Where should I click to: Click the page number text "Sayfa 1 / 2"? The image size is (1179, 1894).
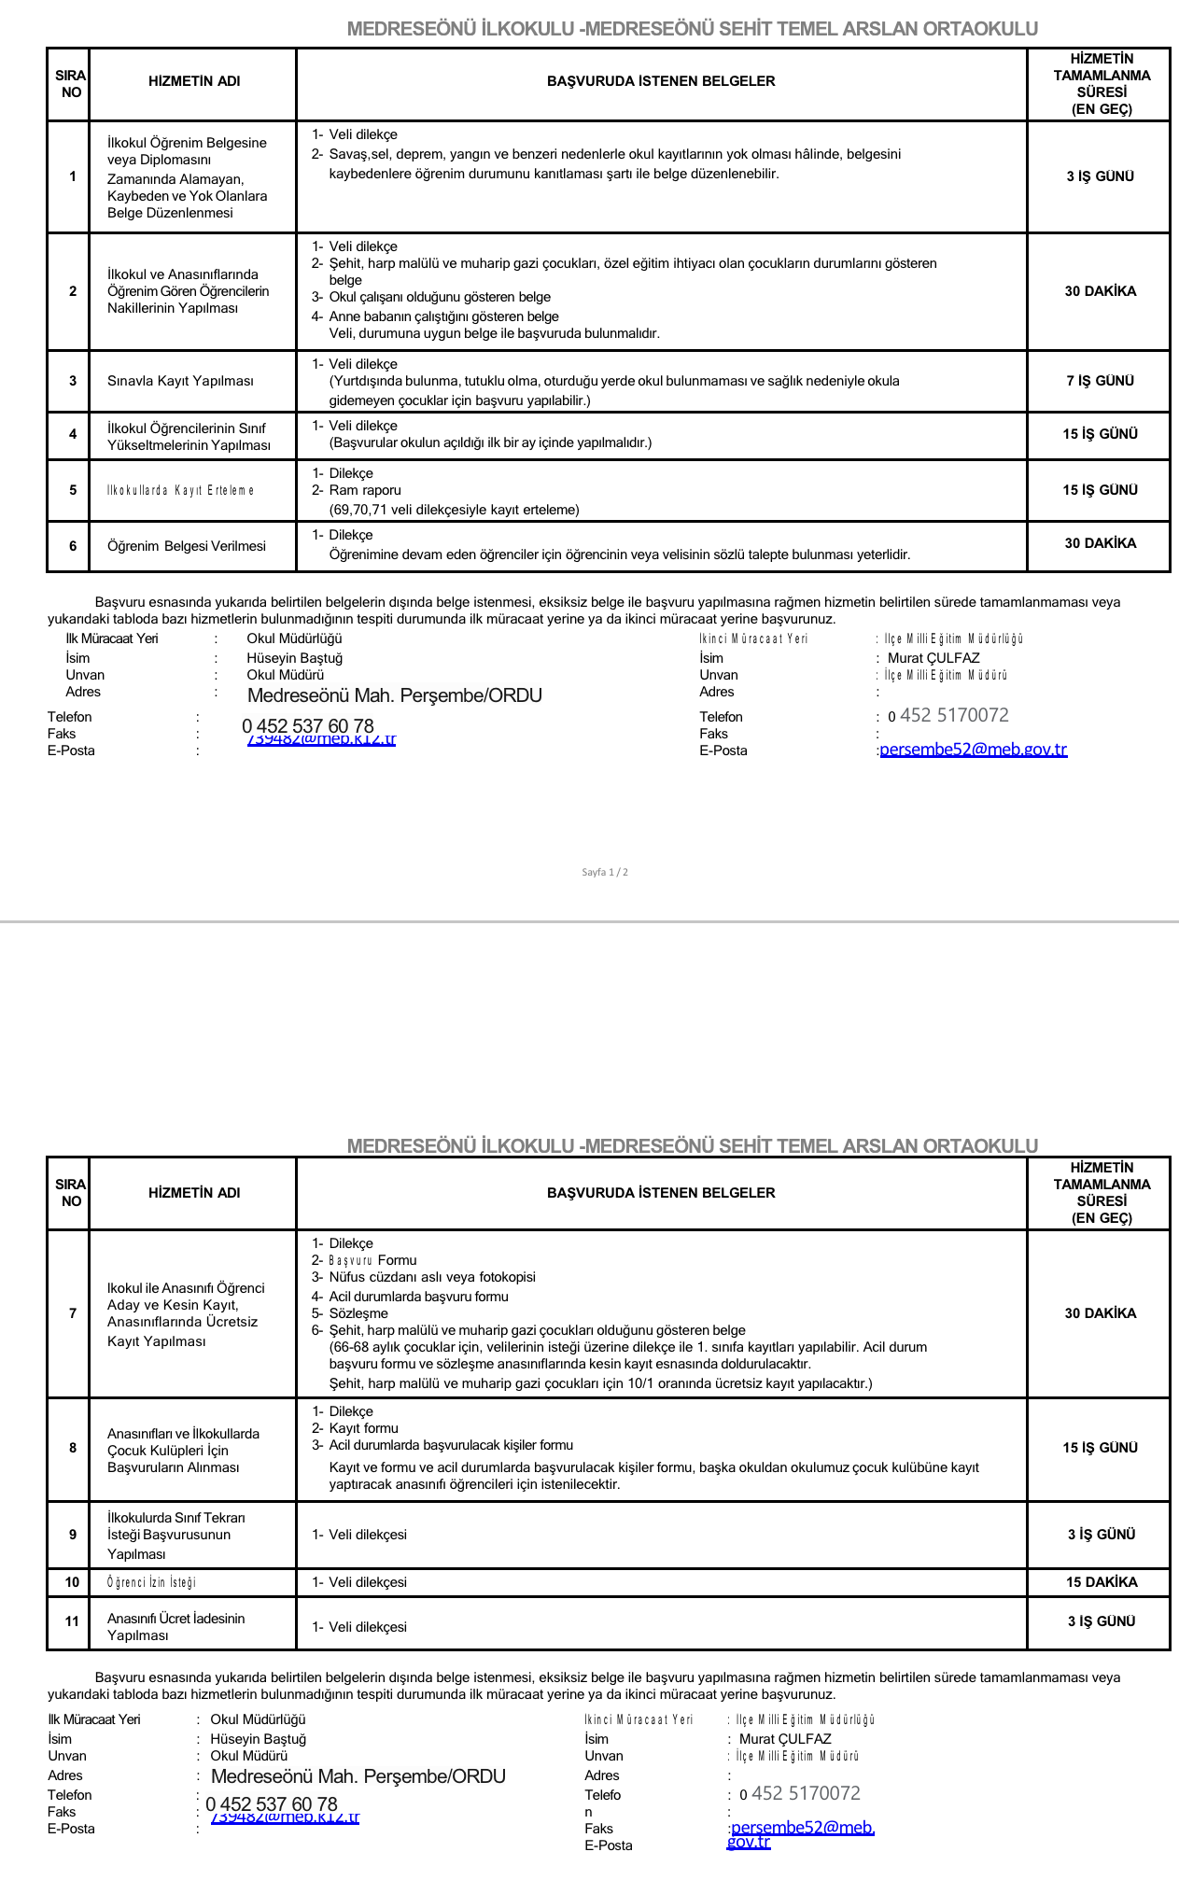[605, 872]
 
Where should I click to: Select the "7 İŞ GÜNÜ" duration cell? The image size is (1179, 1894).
[1100, 381]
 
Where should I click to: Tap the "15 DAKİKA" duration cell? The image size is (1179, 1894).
[1100, 1582]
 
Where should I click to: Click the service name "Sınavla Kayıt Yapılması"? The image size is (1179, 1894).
[180, 381]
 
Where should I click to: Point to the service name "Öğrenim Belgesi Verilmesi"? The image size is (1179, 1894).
[187, 546]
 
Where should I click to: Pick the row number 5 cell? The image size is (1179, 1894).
[73, 490]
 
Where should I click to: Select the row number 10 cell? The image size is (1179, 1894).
[72, 1582]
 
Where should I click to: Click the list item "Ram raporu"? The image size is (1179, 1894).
[364, 490]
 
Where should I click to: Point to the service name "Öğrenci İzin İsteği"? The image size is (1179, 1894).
[151, 1582]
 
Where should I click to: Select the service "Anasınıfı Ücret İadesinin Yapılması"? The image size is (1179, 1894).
[175, 1627]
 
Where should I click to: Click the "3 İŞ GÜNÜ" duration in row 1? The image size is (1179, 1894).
[1100, 176]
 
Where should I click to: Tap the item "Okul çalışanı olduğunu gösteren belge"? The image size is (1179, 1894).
[439, 297]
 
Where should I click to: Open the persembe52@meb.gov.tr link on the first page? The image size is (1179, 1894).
[973, 750]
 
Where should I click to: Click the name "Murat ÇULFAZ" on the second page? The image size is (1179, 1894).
[784, 1739]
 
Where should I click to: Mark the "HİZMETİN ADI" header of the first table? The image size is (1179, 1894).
[194, 81]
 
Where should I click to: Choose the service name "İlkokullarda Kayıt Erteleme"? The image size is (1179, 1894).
[180, 490]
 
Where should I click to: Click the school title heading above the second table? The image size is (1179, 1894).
[692, 1145]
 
